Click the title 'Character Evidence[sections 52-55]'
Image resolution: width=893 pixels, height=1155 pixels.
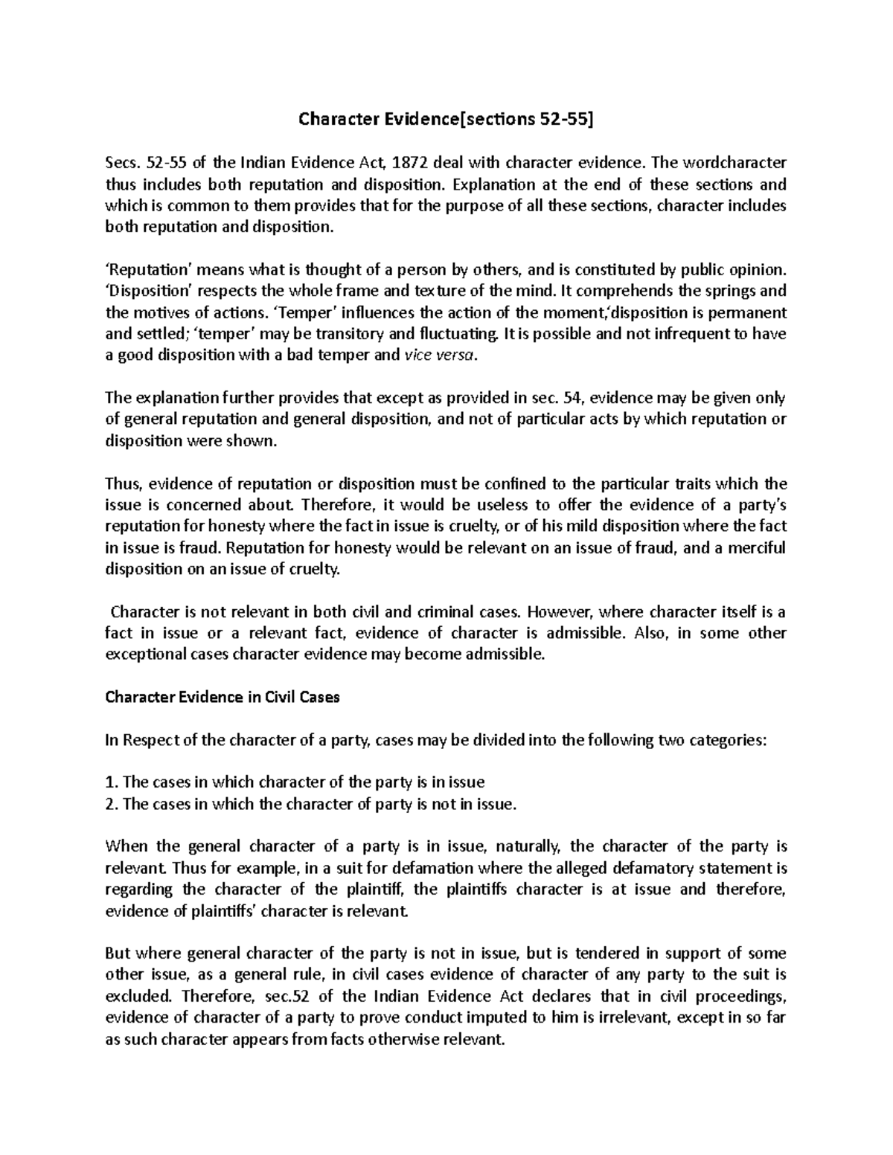[446, 119]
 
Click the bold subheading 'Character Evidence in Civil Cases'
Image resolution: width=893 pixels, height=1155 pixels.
[223, 698]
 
